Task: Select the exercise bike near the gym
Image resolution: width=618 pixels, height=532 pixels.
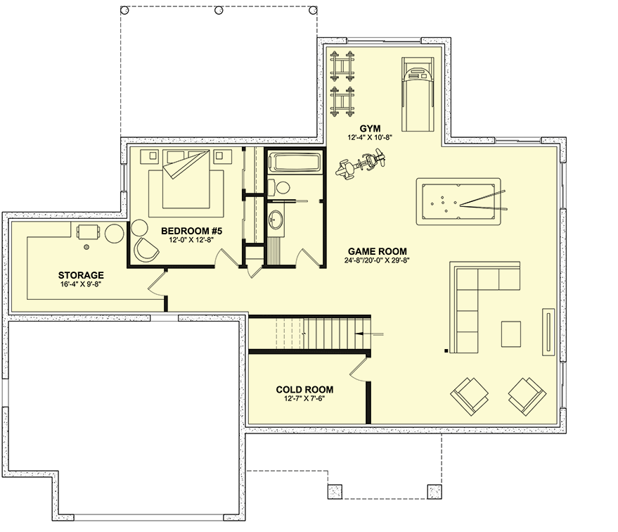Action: (x=363, y=165)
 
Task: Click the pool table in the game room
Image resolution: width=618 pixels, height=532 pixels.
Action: (x=461, y=203)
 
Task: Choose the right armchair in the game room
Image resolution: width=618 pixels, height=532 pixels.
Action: (x=526, y=395)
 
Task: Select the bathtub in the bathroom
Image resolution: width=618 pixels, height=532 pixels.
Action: (x=295, y=163)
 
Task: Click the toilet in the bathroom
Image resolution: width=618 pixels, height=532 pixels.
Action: (x=280, y=188)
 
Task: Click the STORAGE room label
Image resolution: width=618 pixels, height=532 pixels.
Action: (x=81, y=275)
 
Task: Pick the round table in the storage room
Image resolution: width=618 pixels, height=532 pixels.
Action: (x=115, y=232)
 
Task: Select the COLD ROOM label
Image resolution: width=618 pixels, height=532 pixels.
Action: (x=304, y=389)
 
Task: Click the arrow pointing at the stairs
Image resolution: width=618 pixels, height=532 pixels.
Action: (x=369, y=333)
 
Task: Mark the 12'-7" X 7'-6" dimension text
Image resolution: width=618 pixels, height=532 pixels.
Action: (x=304, y=398)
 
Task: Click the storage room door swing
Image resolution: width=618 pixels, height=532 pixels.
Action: (x=156, y=284)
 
